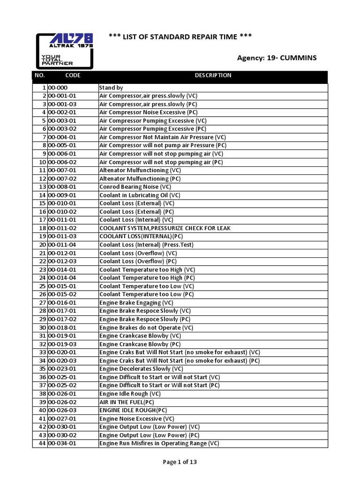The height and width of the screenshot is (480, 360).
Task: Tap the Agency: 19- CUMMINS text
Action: [277, 58]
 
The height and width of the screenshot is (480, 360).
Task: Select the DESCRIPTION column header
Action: [213, 75]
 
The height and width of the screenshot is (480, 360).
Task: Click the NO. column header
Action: [39, 75]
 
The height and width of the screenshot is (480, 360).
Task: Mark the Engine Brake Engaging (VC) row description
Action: [137, 303]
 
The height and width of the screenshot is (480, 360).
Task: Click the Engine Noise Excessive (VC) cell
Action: [137, 419]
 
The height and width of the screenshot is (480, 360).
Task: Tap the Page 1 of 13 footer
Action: [180, 462]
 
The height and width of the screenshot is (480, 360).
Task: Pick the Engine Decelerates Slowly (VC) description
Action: [141, 369]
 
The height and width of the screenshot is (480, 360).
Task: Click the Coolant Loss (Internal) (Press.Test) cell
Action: [146, 245]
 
